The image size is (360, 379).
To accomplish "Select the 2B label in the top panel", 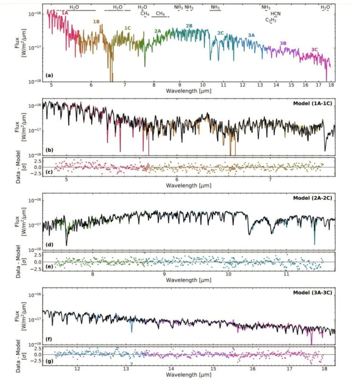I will (x=189, y=25).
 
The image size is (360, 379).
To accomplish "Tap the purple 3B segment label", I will (x=283, y=43).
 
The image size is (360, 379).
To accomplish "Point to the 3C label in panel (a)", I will (x=314, y=49).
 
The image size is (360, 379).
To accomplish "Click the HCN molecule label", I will (x=275, y=14).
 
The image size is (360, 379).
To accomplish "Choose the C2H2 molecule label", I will (x=271, y=20).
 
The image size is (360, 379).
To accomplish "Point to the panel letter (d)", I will (x=49, y=244).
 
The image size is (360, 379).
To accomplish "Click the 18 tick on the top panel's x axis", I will (x=330, y=85).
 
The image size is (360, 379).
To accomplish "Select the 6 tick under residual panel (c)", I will (x=177, y=180).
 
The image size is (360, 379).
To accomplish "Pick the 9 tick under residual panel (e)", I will (x=164, y=274).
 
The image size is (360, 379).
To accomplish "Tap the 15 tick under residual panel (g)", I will (x=213, y=368).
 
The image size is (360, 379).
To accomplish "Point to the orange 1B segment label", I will (x=96, y=22).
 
